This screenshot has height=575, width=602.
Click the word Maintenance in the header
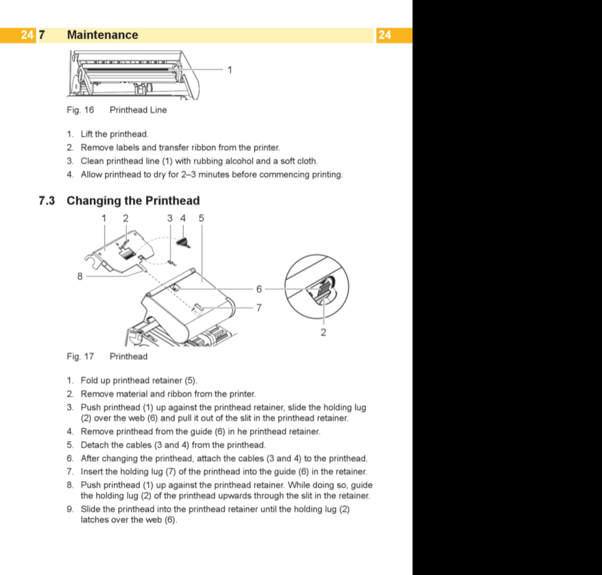(102, 35)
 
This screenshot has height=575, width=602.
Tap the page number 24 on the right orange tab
(385, 35)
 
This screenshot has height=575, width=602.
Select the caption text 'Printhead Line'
(138, 110)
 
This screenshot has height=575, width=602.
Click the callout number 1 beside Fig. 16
(230, 70)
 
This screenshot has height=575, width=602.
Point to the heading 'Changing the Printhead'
(133, 201)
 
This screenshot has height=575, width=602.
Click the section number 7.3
(47, 201)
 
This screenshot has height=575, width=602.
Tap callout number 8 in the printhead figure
(80, 276)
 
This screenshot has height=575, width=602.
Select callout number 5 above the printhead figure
(202, 218)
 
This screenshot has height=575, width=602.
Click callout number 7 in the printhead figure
(259, 307)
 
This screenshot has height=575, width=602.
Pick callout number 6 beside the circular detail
(259, 289)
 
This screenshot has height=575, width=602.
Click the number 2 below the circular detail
(323, 332)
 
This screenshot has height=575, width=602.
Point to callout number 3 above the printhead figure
(170, 218)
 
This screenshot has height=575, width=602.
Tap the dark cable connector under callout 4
(183, 242)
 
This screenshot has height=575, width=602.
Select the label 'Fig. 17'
(80, 357)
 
